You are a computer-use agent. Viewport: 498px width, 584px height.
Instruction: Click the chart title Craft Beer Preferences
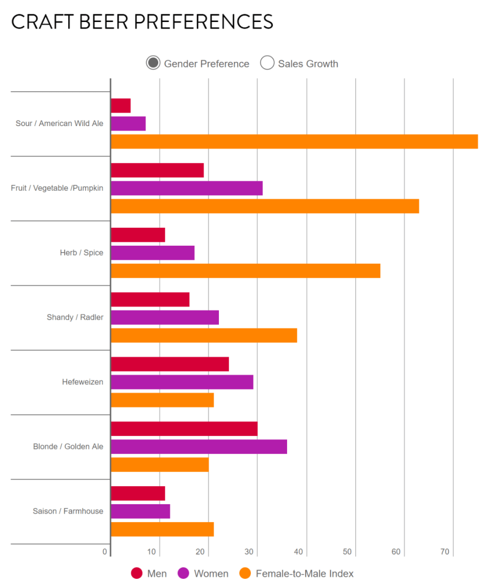click(x=142, y=22)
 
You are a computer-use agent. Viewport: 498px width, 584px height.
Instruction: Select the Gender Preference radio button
click(x=153, y=64)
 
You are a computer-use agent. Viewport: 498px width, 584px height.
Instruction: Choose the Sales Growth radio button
click(x=267, y=64)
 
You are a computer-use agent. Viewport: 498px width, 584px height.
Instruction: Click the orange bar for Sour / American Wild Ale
click(x=294, y=142)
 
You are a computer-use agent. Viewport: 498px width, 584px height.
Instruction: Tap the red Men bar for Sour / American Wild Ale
click(x=121, y=106)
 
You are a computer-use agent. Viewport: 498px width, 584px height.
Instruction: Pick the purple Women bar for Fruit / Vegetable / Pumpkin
click(x=187, y=188)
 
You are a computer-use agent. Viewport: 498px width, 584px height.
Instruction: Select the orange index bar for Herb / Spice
click(x=246, y=271)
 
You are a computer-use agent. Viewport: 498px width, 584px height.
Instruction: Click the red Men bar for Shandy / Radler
click(x=150, y=300)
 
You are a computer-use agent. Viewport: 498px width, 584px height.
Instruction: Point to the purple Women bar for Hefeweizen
click(x=182, y=382)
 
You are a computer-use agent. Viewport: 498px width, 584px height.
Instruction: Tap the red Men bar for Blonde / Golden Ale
click(x=184, y=428)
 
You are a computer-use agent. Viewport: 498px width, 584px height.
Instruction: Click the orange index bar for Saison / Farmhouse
click(x=162, y=529)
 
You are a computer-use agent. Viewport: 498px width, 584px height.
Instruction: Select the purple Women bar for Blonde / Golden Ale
click(x=199, y=447)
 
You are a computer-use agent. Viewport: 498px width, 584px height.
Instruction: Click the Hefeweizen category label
click(x=83, y=382)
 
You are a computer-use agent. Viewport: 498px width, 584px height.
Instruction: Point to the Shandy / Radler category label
click(x=75, y=317)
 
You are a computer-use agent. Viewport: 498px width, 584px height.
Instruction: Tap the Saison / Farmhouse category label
click(x=68, y=511)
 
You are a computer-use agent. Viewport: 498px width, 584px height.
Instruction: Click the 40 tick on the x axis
click(x=299, y=552)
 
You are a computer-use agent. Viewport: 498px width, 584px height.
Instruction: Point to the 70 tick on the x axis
click(x=445, y=552)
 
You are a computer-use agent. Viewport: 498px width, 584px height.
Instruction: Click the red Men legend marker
click(x=137, y=573)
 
